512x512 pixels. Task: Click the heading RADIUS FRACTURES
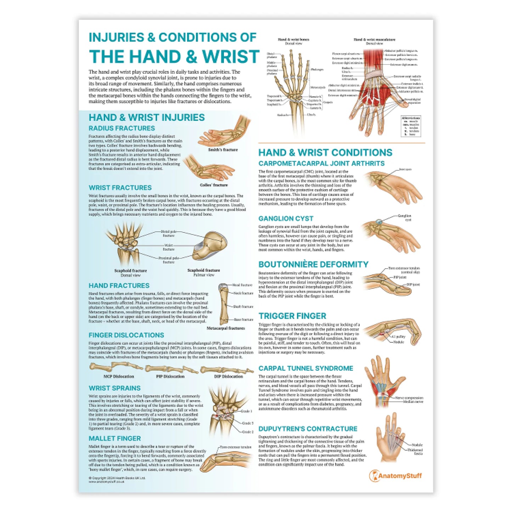[122, 128]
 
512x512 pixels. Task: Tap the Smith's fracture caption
[223, 150]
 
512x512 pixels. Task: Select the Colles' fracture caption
[214, 185]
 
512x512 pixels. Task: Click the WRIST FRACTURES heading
[120, 188]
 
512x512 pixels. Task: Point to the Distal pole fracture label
[169, 234]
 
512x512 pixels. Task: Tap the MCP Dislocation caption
[119, 376]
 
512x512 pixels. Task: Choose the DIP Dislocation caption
[229, 376]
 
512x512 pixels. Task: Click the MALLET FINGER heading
[115, 439]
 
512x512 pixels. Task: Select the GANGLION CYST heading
[286, 219]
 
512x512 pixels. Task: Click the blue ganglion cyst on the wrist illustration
[379, 222]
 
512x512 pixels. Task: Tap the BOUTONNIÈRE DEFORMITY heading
[313, 265]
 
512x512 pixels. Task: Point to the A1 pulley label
[398, 337]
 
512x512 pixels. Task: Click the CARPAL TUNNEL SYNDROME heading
[305, 368]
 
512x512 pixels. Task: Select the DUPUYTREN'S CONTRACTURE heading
[308, 429]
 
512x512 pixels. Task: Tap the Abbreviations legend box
[411, 126]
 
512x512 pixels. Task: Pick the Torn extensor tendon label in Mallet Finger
[235, 447]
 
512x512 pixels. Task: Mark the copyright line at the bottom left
[117, 478]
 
